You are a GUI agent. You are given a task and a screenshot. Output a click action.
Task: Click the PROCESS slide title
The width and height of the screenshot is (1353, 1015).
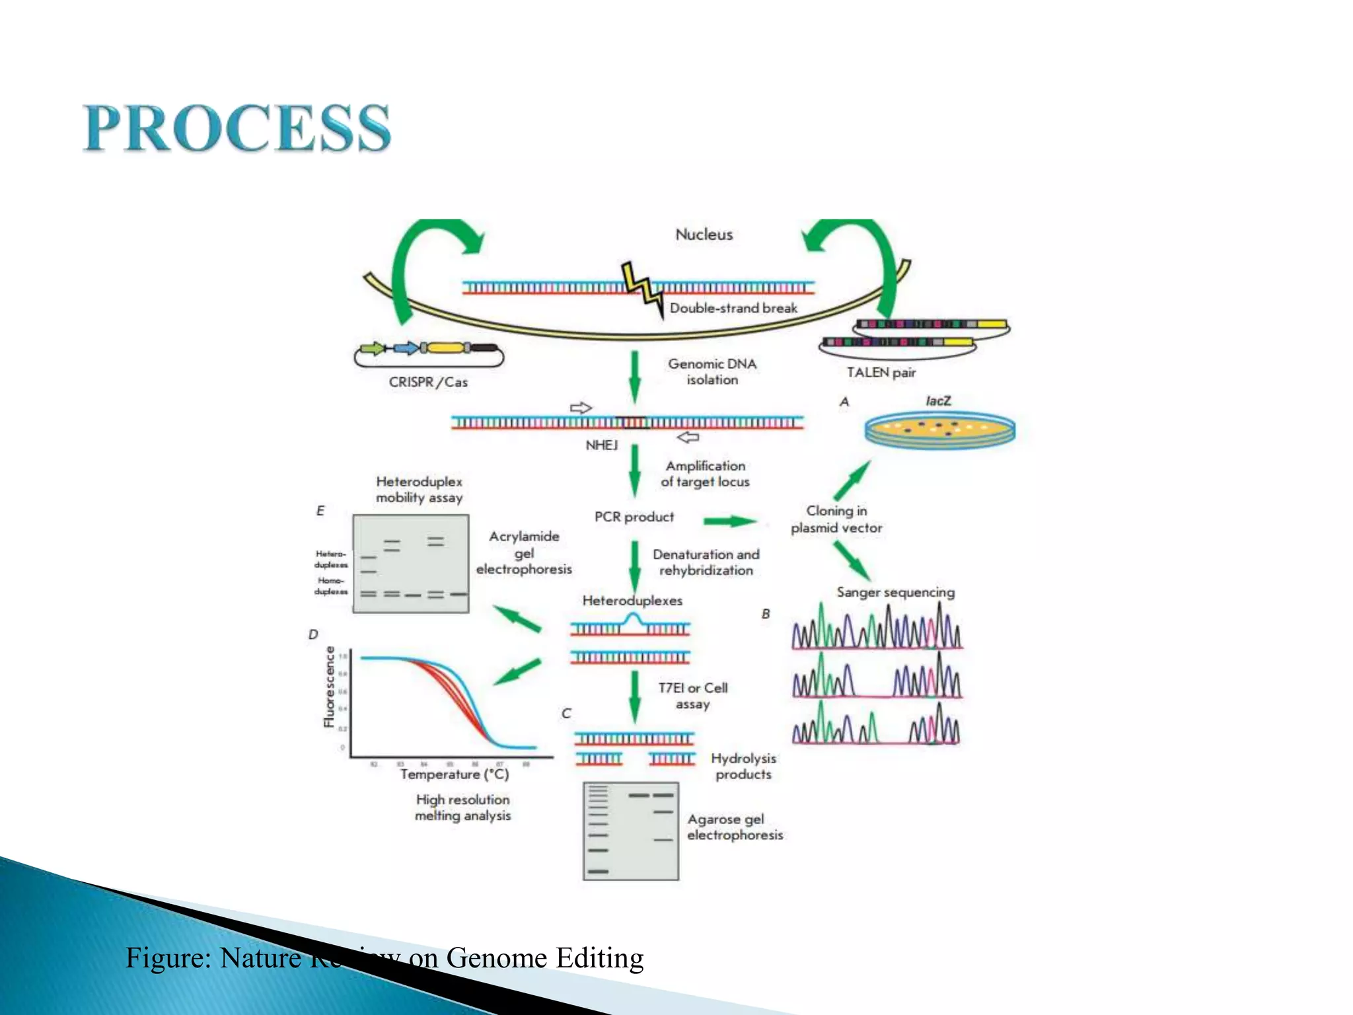tap(237, 128)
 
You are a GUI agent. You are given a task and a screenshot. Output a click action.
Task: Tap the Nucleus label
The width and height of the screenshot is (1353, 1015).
tap(704, 235)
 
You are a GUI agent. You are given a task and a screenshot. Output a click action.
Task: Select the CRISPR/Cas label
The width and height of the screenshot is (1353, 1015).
tap(428, 382)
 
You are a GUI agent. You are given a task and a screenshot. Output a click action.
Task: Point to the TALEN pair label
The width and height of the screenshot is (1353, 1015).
tap(881, 373)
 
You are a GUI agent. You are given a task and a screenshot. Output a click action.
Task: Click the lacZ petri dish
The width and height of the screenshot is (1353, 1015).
tap(939, 430)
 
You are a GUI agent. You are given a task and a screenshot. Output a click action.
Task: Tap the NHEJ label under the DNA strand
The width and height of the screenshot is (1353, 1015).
tap(601, 445)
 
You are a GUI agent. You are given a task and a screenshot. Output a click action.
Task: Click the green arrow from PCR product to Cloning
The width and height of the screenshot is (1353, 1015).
tap(729, 521)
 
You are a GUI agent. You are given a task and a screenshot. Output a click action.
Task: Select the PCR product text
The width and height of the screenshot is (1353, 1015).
tap(634, 517)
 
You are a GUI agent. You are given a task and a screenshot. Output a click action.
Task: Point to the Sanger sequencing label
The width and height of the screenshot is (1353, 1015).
tap(895, 592)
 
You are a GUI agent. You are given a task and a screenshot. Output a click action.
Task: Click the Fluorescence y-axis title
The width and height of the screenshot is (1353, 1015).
tap(329, 687)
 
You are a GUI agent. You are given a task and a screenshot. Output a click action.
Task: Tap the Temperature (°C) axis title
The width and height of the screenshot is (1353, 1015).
tap(454, 774)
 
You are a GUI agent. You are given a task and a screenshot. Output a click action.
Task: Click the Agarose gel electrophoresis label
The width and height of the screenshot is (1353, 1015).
tap(735, 827)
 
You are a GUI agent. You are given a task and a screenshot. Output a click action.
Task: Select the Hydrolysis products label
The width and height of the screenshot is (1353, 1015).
tap(743, 767)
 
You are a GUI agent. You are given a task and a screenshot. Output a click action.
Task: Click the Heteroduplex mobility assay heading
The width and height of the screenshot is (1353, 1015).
tap(419, 490)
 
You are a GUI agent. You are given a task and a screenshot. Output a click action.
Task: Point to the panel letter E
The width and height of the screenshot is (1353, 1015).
tap(320, 511)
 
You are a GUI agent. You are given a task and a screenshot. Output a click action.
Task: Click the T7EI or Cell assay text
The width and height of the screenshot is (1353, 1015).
tap(692, 696)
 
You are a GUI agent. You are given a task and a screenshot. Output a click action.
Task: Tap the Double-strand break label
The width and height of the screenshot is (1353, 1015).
tap(733, 308)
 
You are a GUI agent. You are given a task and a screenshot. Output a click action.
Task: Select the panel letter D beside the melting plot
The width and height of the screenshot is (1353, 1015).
tap(313, 634)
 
